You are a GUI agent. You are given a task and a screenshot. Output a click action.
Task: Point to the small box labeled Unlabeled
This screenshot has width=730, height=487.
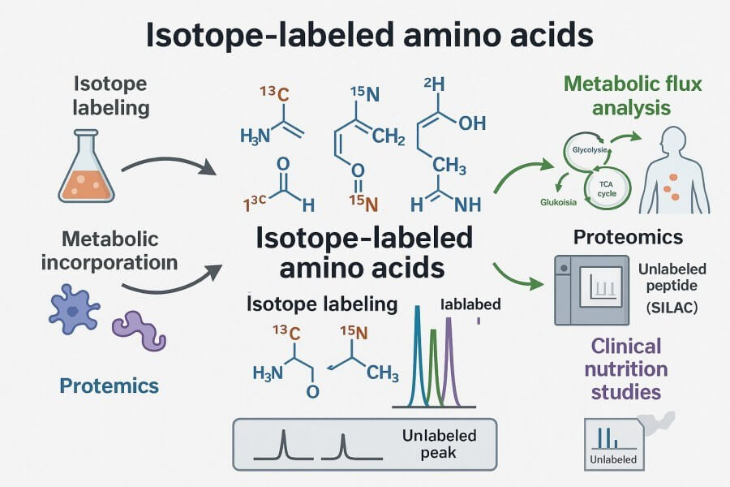(x=614, y=444)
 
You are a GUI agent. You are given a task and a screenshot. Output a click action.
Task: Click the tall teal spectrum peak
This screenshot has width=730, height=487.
(x=417, y=357)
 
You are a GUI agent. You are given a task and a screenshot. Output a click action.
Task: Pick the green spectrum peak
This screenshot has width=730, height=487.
(x=434, y=369)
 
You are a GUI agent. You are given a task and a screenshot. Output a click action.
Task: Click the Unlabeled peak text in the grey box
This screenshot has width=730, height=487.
(x=439, y=444)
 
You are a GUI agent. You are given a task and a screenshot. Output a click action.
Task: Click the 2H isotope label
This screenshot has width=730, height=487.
(x=436, y=85)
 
